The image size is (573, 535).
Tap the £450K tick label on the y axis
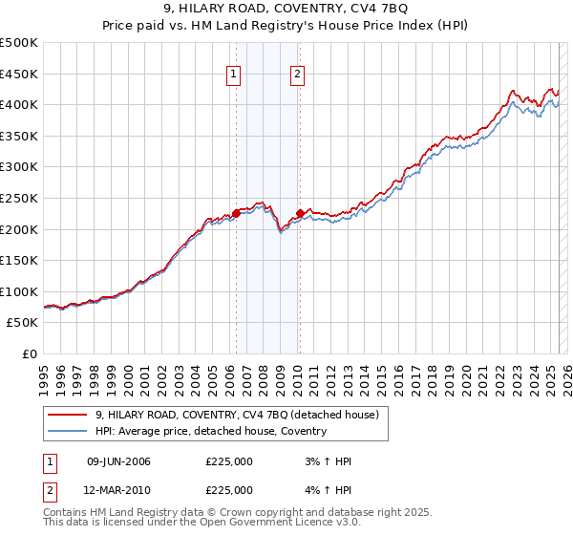(19, 74)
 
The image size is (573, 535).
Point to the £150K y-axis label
(19, 260)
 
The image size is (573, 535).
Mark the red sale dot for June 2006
(236, 214)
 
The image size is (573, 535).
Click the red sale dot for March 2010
(300, 214)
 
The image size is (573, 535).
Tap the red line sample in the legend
(67, 415)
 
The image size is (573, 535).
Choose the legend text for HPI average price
(211, 431)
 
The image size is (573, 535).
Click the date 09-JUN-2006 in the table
(118, 461)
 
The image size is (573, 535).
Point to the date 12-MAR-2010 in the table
(118, 489)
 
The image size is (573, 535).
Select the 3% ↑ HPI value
(327, 461)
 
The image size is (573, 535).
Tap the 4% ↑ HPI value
(327, 489)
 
